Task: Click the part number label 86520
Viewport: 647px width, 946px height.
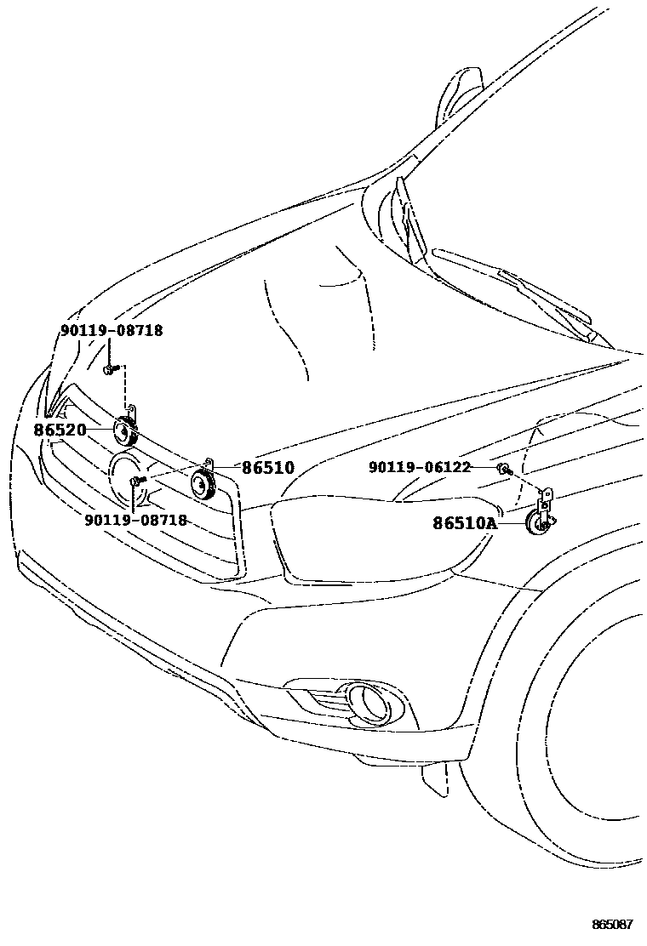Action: point(60,430)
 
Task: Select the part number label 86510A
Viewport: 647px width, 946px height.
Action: point(464,524)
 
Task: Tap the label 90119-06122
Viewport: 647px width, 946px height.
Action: point(420,467)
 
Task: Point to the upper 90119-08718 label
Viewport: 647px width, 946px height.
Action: point(112,331)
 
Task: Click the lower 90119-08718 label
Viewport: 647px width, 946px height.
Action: point(135,520)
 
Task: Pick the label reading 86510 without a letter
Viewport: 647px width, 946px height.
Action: point(268,468)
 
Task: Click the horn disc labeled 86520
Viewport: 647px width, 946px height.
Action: point(124,433)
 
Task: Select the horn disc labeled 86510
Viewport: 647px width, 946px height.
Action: point(203,484)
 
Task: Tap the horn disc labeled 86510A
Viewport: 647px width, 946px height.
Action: point(536,525)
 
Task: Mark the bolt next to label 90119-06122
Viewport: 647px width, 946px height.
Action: point(504,469)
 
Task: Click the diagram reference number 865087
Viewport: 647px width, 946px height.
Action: point(613,925)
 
